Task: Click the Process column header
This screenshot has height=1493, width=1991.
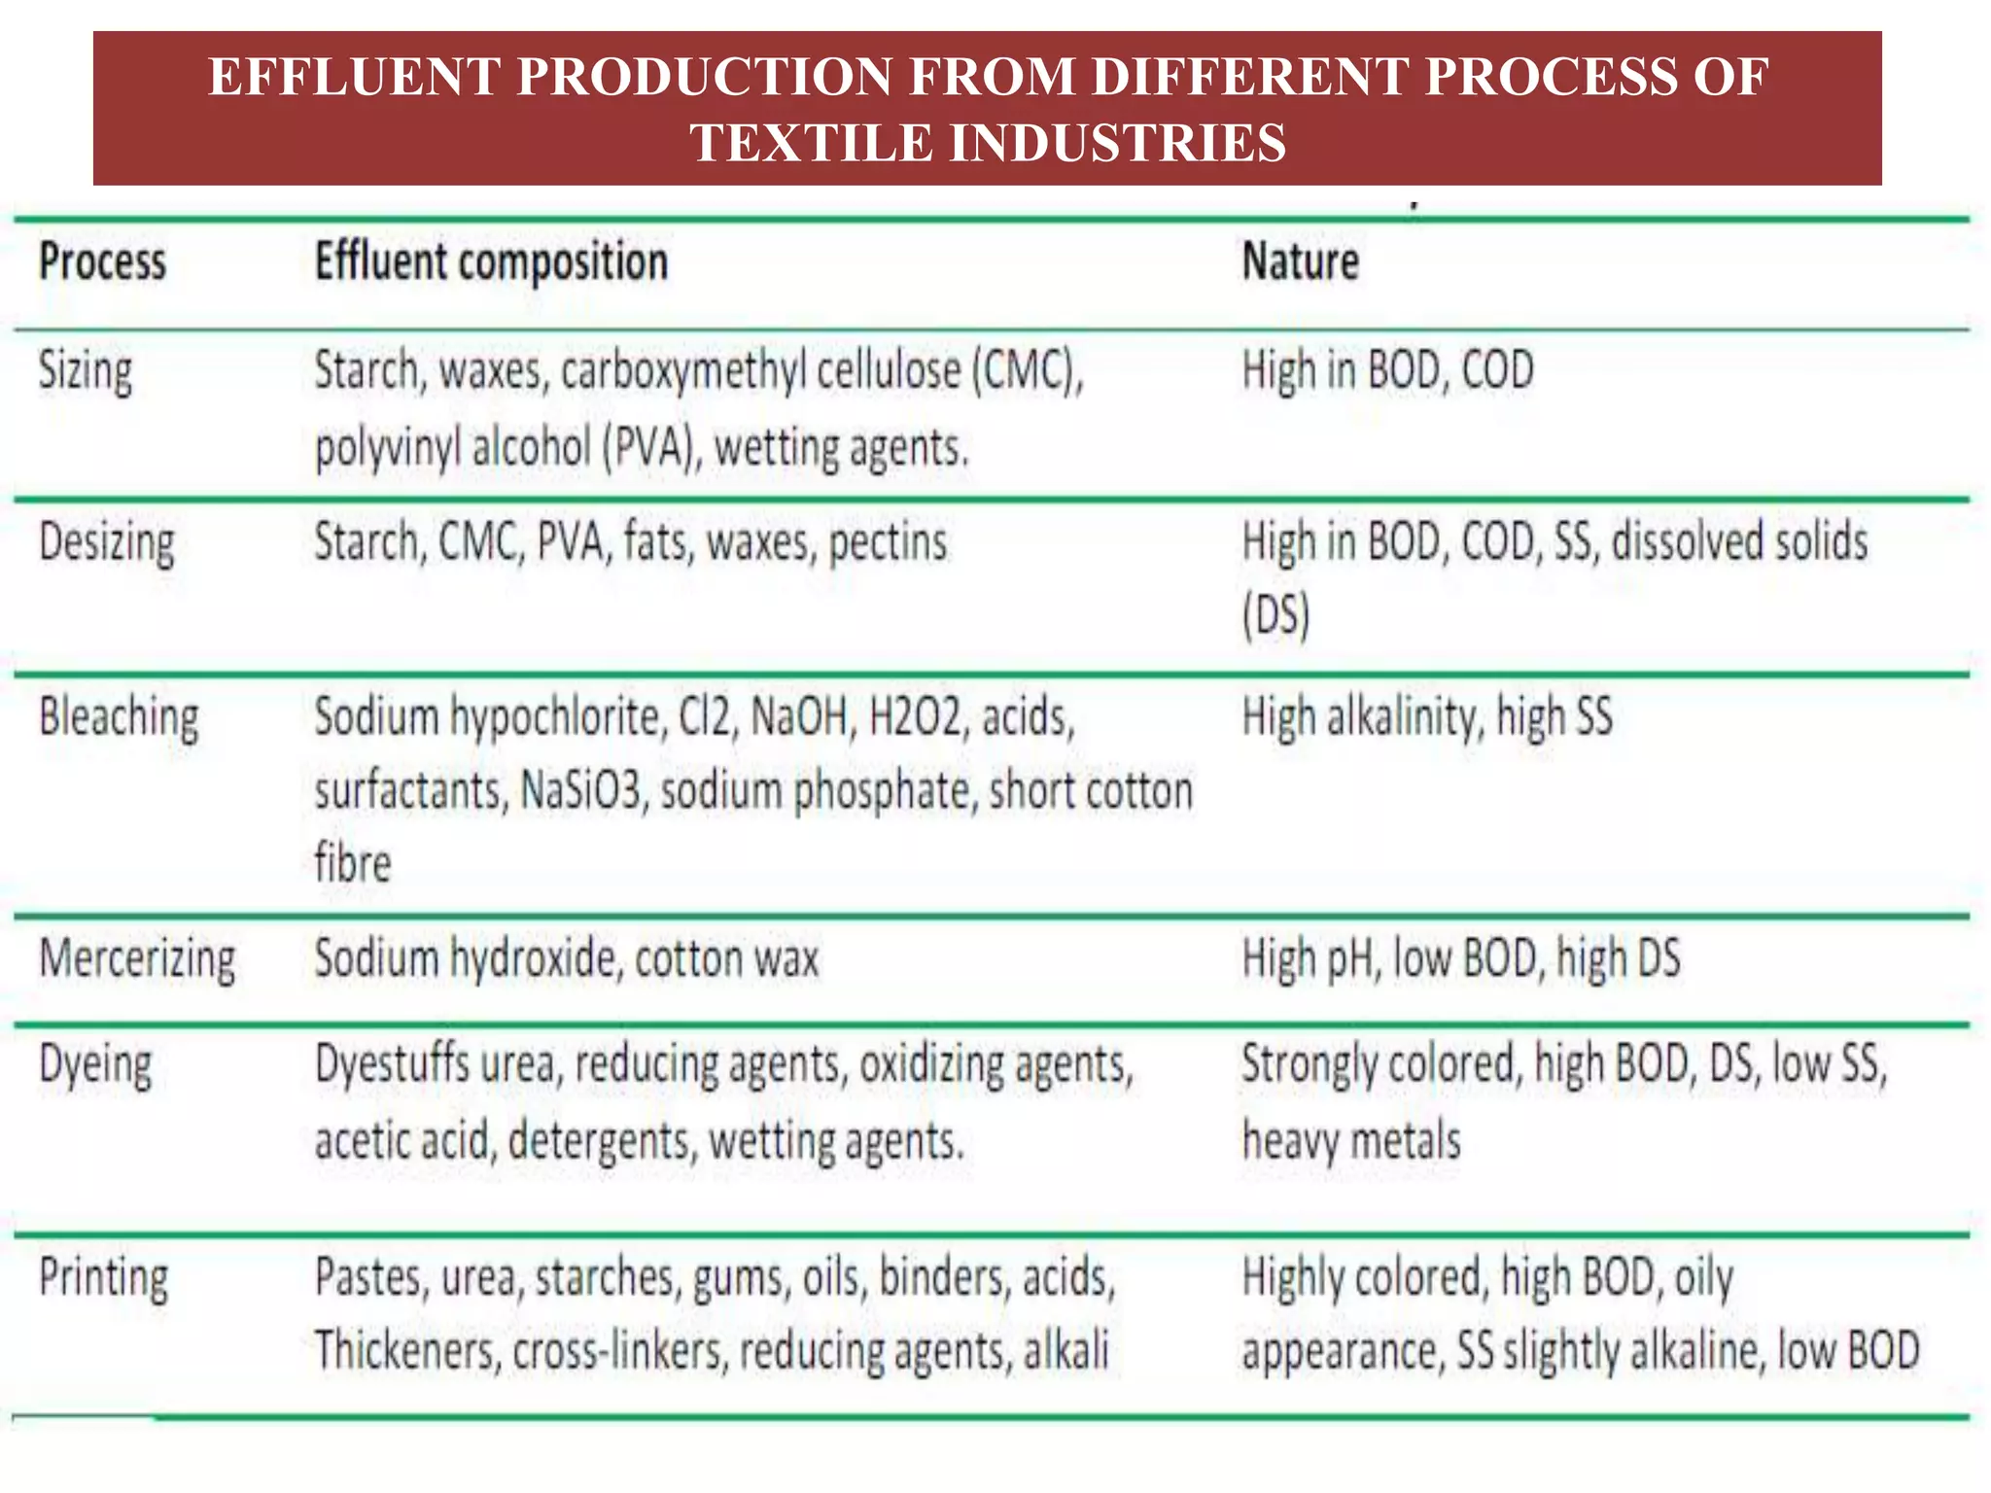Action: click(102, 262)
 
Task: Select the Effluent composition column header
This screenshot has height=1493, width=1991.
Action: click(491, 262)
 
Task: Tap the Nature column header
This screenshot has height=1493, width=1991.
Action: click(1301, 262)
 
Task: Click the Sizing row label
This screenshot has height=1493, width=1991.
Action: click(86, 372)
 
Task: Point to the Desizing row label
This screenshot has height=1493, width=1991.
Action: click(107, 543)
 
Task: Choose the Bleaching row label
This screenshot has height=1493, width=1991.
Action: click(119, 718)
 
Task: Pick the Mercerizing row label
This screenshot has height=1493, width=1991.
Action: click(137, 959)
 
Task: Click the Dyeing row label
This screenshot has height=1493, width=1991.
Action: click(95, 1065)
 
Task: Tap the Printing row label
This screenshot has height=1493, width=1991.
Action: click(103, 1278)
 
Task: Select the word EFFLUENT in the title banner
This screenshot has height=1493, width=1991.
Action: click(354, 77)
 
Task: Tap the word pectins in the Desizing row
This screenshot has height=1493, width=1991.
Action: click(888, 543)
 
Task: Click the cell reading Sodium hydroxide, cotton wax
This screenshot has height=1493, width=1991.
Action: click(567, 959)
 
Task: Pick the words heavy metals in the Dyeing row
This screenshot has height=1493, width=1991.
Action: click(1351, 1141)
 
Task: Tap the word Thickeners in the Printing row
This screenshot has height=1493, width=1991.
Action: click(404, 1351)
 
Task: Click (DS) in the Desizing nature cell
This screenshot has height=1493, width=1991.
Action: click(1275, 615)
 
